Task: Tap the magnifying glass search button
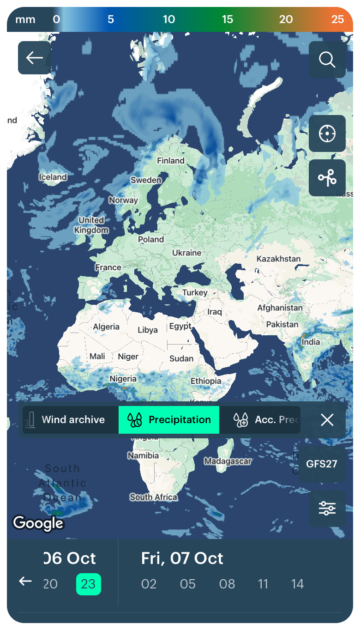pyautogui.click(x=327, y=60)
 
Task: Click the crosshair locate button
pyautogui.click(x=327, y=133)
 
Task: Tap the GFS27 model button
pyautogui.click(x=322, y=464)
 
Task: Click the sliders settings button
pyautogui.click(x=327, y=509)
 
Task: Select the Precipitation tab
pyautogui.click(x=169, y=420)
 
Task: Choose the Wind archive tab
pyautogui.click(x=70, y=420)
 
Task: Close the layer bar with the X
pyautogui.click(x=327, y=420)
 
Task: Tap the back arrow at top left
pyautogui.click(x=35, y=58)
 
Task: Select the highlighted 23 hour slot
pyautogui.click(x=88, y=584)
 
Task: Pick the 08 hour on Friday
pyautogui.click(x=227, y=584)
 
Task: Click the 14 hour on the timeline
pyautogui.click(x=297, y=584)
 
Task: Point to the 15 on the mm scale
pyautogui.click(x=228, y=19)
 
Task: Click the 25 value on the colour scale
pyautogui.click(x=337, y=19)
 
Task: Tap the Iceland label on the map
pyautogui.click(x=53, y=177)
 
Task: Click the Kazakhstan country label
pyautogui.click(x=278, y=259)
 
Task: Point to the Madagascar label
pyautogui.click(x=228, y=461)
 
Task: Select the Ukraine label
pyautogui.click(x=186, y=253)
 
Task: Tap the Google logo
pyautogui.click(x=38, y=523)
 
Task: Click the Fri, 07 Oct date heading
pyautogui.click(x=182, y=558)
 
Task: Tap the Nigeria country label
pyautogui.click(x=123, y=379)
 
